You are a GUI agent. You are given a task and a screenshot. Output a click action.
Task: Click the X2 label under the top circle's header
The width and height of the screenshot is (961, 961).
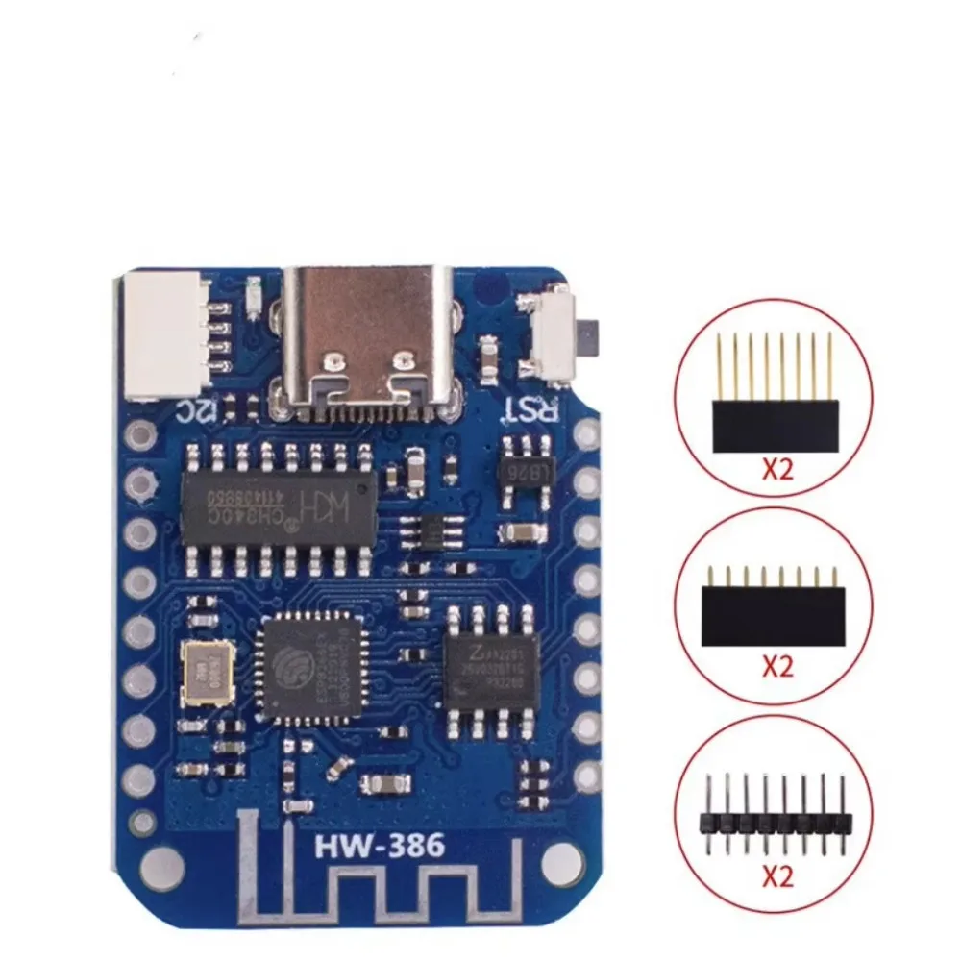tap(776, 472)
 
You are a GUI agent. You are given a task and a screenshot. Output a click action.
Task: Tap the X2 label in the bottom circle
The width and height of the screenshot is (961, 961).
tap(776, 877)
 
